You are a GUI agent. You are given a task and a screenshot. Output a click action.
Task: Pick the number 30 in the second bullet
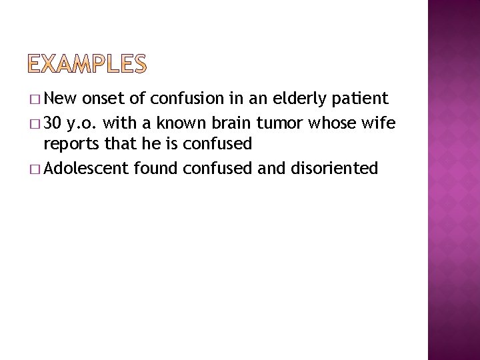55,123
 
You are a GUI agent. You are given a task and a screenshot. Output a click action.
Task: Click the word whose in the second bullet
321,123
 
